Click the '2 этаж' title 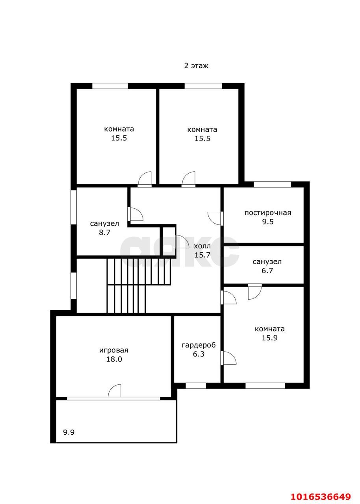pos(196,66)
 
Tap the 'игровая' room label pos(114,350)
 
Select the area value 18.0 pos(114,359)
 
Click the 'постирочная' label pos(267,213)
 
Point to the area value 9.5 pos(268,222)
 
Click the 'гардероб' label pos(199,345)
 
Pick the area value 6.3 pos(199,354)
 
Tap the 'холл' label pos(202,246)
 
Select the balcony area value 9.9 pos(69,432)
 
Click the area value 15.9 pos(269,338)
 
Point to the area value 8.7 pos(105,232)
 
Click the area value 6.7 pos(267,271)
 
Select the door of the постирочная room pos(215,218)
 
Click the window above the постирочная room pos(273,184)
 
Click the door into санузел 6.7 pos(255,292)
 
